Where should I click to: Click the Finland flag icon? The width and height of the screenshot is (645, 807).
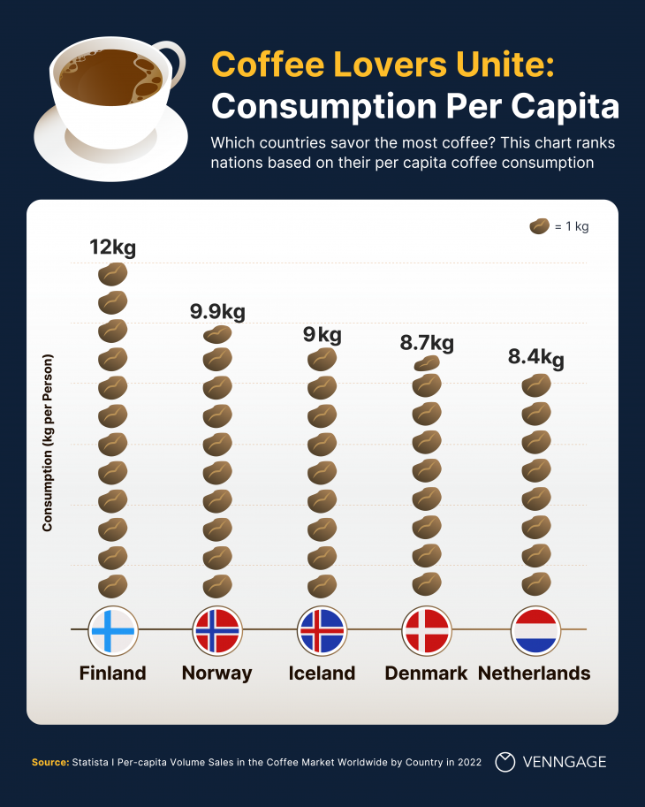tap(112, 630)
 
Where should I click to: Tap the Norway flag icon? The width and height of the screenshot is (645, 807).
tap(216, 630)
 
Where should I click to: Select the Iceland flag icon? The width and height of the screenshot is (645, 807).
tap(322, 630)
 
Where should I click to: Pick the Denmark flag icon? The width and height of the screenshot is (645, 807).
tap(426, 630)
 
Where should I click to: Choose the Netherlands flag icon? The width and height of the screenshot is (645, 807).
tap(535, 630)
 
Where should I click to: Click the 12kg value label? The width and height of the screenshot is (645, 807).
tap(113, 247)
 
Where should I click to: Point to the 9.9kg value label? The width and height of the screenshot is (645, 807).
tap(217, 311)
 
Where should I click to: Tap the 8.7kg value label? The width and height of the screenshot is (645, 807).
tap(427, 343)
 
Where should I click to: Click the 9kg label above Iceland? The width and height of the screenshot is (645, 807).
tap(322, 335)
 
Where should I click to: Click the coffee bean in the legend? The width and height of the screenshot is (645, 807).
tap(539, 226)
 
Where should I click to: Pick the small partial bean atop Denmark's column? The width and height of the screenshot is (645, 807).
tap(427, 363)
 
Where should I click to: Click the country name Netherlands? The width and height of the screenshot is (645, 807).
tap(534, 673)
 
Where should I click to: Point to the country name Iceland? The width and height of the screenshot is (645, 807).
tap(322, 673)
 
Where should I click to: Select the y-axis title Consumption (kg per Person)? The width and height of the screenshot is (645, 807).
tap(49, 443)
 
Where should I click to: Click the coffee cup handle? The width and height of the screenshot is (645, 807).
tap(173, 71)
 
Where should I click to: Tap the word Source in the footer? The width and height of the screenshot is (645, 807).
tap(49, 762)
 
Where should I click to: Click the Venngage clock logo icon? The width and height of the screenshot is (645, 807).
tap(505, 761)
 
